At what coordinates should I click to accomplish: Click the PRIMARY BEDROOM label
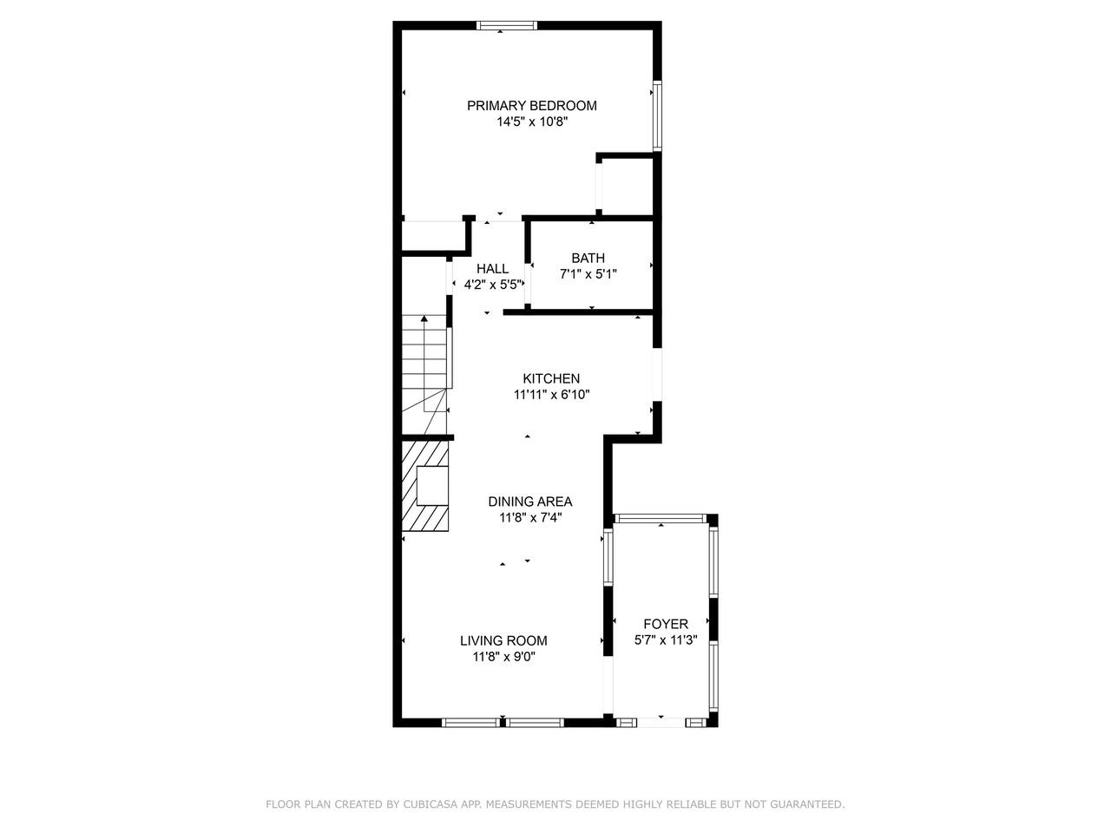click(x=531, y=106)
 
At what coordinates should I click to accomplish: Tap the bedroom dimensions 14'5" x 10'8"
click(x=532, y=121)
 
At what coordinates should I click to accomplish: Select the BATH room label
click(x=588, y=258)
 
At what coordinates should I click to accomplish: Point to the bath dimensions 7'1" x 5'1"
click(x=588, y=274)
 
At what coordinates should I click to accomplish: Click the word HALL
click(x=492, y=269)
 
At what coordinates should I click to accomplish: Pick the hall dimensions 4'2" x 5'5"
click(x=492, y=285)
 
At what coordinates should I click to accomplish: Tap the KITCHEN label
click(x=551, y=378)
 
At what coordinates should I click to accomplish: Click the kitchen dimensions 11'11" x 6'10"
click(x=552, y=395)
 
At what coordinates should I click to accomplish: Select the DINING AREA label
click(x=530, y=502)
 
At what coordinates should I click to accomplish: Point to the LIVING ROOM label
click(x=503, y=640)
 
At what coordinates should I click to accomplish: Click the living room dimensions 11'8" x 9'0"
click(x=504, y=657)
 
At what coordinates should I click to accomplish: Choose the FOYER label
click(x=666, y=624)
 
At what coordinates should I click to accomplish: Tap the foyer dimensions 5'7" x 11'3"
click(x=666, y=640)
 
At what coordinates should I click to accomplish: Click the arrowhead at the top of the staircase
click(x=424, y=318)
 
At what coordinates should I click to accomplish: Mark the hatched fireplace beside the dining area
click(x=424, y=486)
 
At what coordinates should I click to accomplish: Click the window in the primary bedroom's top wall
click(x=507, y=25)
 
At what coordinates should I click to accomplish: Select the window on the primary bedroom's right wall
click(x=657, y=115)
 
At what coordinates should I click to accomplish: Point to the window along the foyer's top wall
click(x=660, y=518)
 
